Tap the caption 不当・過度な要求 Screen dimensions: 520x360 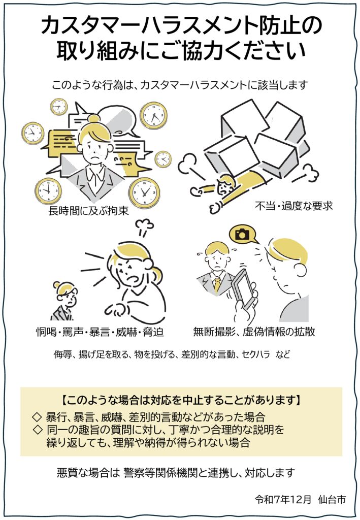293,206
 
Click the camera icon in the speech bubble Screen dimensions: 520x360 243,234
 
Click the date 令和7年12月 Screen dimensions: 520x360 283,499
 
